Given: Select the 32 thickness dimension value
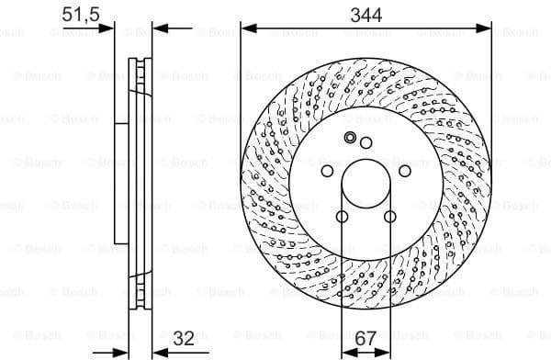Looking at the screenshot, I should (x=183, y=337).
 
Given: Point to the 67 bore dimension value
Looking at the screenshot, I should (x=365, y=338).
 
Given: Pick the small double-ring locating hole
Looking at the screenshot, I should (x=350, y=138).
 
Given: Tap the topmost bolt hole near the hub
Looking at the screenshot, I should (x=365, y=141).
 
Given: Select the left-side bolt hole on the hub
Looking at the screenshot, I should (x=326, y=171).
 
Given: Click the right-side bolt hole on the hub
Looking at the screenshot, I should (x=405, y=171).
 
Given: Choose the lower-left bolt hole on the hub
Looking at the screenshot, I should (x=342, y=217).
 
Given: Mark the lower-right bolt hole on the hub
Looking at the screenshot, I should (x=390, y=217).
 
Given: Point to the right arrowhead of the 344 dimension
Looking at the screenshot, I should (x=486, y=28).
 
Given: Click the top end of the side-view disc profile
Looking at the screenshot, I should (x=141, y=62).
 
